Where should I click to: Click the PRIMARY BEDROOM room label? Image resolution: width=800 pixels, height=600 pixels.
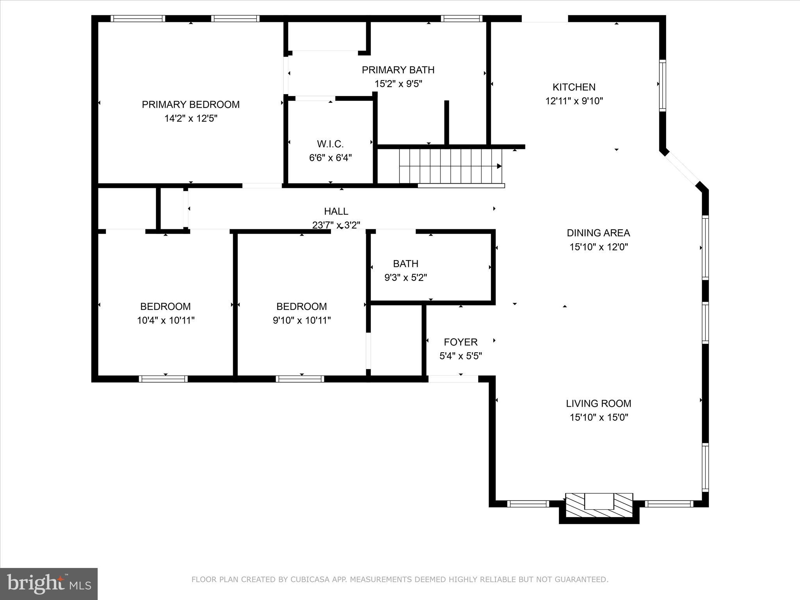coord(191,105)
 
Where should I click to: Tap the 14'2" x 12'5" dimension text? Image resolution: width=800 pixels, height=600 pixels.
coord(191,118)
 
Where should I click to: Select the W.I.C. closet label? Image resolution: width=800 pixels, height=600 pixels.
coord(330,144)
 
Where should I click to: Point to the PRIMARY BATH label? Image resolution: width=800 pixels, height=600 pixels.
coord(398,70)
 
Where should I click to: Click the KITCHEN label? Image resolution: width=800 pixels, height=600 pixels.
coord(574,87)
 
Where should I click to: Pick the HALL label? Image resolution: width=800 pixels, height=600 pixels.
coord(336,211)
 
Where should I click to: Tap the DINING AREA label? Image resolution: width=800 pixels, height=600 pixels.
coord(598,233)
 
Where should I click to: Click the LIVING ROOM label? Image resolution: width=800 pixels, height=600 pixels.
coord(598,404)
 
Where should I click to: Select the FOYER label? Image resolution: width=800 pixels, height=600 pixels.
coord(461,342)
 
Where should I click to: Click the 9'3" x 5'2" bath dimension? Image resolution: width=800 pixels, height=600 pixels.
coord(406,278)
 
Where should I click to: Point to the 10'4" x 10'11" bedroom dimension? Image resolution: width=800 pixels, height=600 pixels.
coord(166,321)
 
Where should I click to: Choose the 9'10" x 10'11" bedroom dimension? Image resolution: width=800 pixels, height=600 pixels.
coord(302,321)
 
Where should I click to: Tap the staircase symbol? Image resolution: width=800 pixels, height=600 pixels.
coord(450,166)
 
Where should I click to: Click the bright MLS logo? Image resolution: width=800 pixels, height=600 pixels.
coord(49,584)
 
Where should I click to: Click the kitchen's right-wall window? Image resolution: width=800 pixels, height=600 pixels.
coord(662,86)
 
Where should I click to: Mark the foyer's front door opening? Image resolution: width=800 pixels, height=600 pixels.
coord(453,379)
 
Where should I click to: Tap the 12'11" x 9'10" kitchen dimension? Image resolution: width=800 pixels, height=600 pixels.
coord(574,101)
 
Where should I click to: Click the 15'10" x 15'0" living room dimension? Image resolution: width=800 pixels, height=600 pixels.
coord(598,418)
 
